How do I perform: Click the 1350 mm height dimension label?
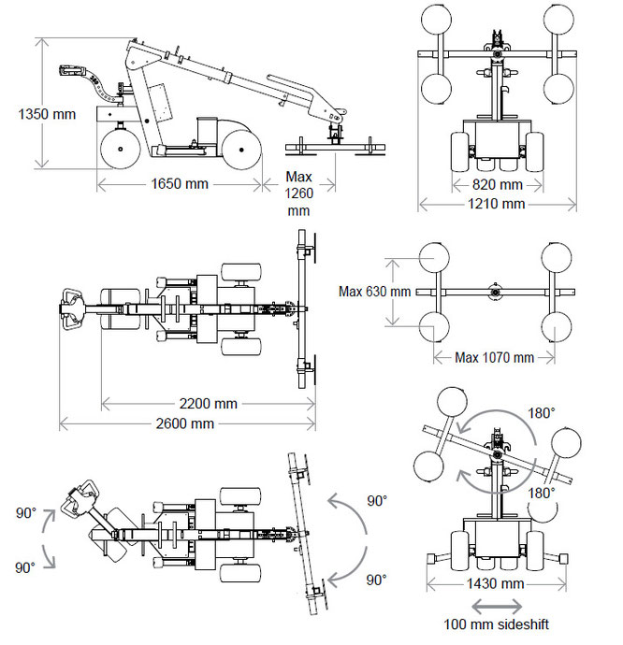pyautogui.click(x=47, y=114)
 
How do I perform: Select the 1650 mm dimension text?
pyautogui.click(x=180, y=183)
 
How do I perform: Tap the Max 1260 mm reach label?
pyautogui.click(x=299, y=193)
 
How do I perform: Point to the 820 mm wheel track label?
pyautogui.click(x=498, y=184)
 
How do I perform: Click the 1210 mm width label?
pyautogui.click(x=496, y=204)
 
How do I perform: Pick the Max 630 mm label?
pyautogui.click(x=375, y=292)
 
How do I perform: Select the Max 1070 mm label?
pyautogui.click(x=494, y=357)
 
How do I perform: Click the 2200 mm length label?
pyautogui.click(x=209, y=404)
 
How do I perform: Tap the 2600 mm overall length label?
pyautogui.click(x=185, y=423)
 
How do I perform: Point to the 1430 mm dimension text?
pyautogui.click(x=496, y=583)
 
